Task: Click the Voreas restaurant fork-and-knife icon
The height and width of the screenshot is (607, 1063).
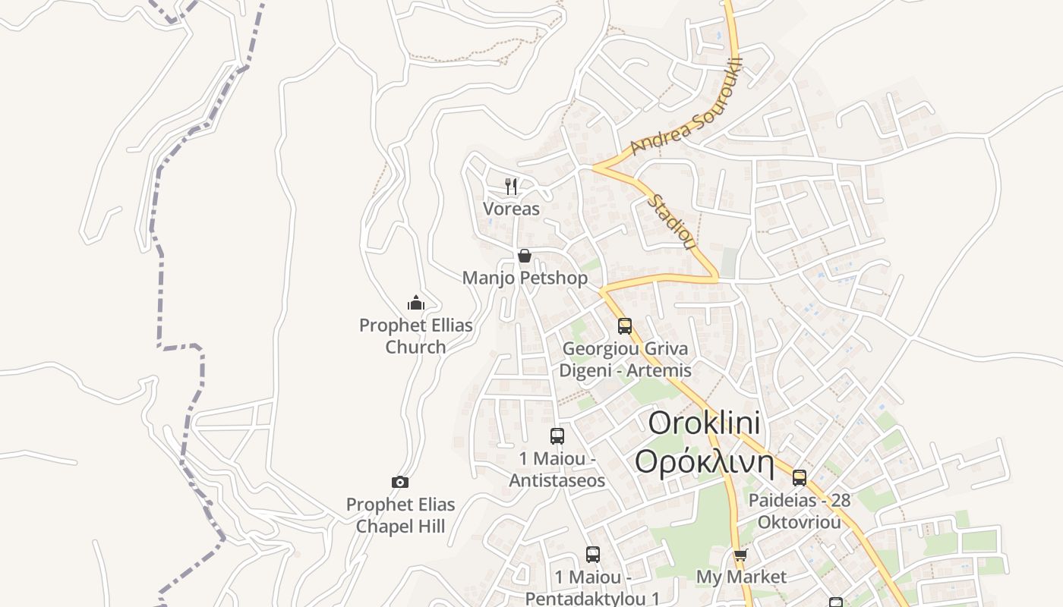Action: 511,186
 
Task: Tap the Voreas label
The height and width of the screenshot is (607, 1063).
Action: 511,209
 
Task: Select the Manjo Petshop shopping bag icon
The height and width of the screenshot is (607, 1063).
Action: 524,256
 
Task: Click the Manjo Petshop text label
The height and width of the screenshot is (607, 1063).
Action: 525,278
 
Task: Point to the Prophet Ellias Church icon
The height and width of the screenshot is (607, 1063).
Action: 415,303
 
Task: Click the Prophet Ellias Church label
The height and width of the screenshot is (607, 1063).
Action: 415,336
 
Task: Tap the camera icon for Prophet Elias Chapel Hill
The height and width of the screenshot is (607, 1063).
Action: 400,482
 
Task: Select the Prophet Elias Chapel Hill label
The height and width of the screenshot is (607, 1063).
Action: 400,515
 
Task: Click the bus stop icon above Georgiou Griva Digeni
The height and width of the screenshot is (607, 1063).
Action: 625,326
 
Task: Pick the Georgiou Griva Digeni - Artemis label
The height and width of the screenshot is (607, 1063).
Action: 625,360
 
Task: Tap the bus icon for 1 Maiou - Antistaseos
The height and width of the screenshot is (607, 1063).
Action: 557,436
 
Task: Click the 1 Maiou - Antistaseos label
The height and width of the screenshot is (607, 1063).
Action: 557,470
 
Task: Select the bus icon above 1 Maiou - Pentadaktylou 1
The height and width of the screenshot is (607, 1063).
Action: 593,555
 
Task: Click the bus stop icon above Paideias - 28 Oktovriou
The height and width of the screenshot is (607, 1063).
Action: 799,477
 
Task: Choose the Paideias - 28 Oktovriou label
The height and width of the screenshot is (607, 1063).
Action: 799,511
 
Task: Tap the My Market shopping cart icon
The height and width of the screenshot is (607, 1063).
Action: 740,555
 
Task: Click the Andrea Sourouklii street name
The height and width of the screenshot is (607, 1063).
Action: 686,107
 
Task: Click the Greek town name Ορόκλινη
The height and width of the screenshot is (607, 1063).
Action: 704,462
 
